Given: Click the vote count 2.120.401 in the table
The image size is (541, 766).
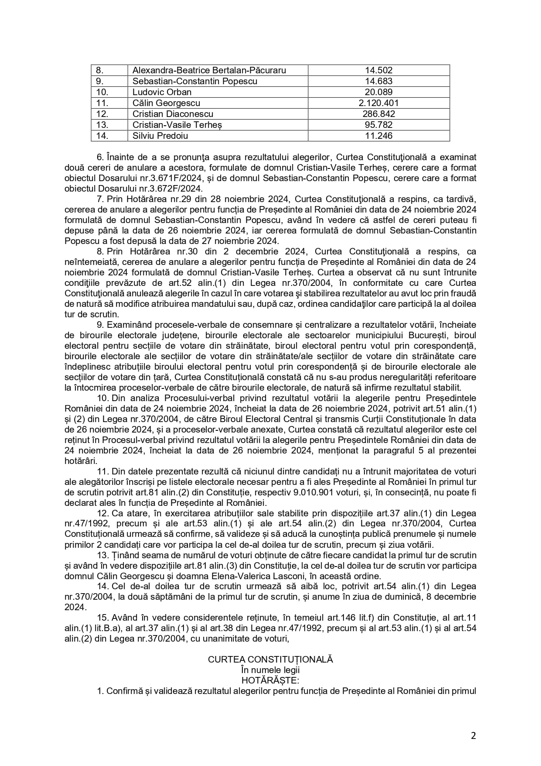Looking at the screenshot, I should click(378, 103).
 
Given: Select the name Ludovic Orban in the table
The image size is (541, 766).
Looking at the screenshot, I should click(162, 92).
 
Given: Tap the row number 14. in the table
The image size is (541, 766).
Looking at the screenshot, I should click(102, 136).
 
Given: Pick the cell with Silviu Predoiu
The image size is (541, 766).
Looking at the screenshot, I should click(160, 136).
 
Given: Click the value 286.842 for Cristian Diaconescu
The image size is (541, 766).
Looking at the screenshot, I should click(378, 114).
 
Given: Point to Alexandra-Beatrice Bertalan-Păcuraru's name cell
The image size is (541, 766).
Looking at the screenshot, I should click(209, 70).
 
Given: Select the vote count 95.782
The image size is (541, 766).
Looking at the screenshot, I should click(378, 125).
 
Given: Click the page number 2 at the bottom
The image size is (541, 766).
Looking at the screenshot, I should click(473, 736).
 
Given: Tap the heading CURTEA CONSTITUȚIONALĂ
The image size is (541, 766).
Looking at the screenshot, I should click(270, 660).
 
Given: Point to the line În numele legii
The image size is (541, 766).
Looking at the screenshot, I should click(270, 670).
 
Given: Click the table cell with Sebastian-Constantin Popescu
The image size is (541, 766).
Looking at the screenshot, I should click(195, 81).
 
